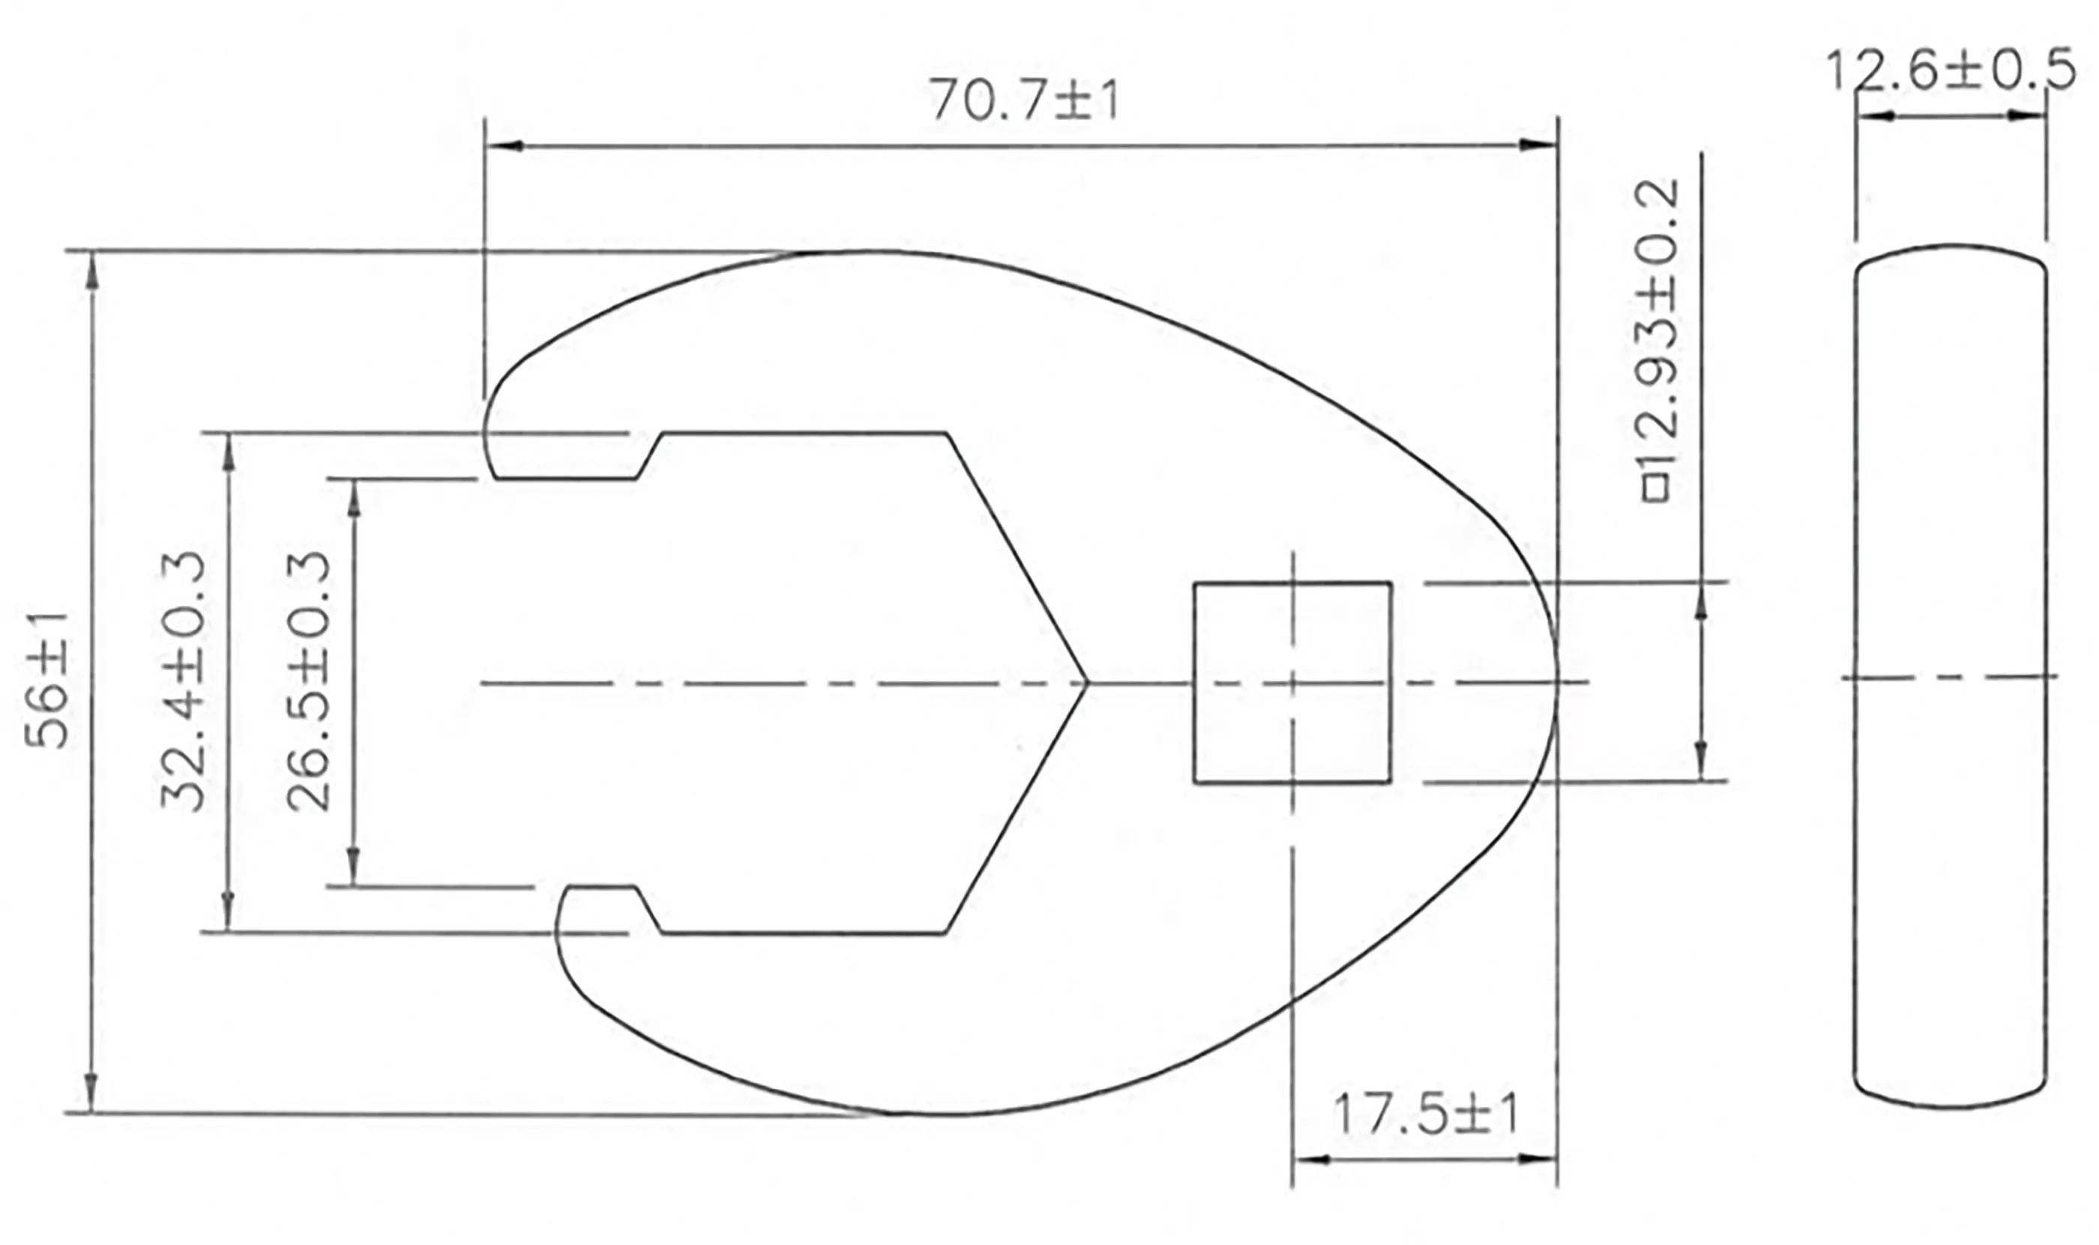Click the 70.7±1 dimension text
pos(1023,101)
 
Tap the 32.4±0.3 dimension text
pos(183,680)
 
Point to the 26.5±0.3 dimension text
pos(310,680)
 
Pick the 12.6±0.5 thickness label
pos(1950,70)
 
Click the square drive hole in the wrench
pos(1292,683)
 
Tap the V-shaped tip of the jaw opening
pos(1084,683)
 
